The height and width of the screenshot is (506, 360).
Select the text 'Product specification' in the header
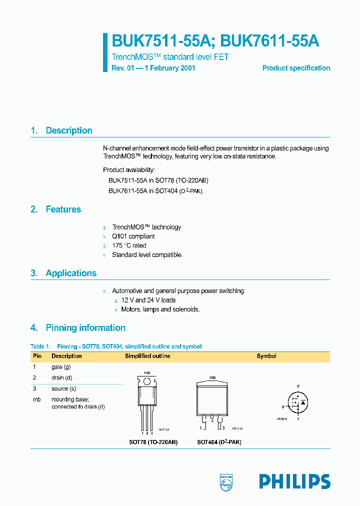[296, 68]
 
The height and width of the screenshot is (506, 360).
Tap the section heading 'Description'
[69, 130]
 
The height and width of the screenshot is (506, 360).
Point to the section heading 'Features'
[63, 209]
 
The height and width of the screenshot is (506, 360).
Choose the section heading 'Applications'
[71, 273]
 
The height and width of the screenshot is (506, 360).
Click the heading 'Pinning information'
[85, 328]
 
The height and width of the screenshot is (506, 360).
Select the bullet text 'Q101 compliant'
[133, 236]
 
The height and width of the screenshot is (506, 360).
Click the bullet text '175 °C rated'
[129, 245]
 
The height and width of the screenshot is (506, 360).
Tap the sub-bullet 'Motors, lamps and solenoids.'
[160, 309]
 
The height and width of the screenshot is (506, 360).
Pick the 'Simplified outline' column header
[147, 356]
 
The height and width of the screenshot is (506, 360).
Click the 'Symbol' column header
[266, 356]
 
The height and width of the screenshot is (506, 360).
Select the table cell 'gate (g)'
[61, 367]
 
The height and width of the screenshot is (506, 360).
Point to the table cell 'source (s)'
[63, 389]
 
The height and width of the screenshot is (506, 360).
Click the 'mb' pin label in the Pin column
[36, 399]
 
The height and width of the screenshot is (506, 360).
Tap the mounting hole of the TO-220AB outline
[147, 381]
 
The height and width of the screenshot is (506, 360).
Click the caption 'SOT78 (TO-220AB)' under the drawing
[153, 442]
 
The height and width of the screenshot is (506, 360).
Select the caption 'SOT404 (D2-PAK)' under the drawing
[219, 442]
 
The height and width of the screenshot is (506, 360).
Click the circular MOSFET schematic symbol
[298, 402]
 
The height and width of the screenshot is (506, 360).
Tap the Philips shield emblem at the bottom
[227, 482]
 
